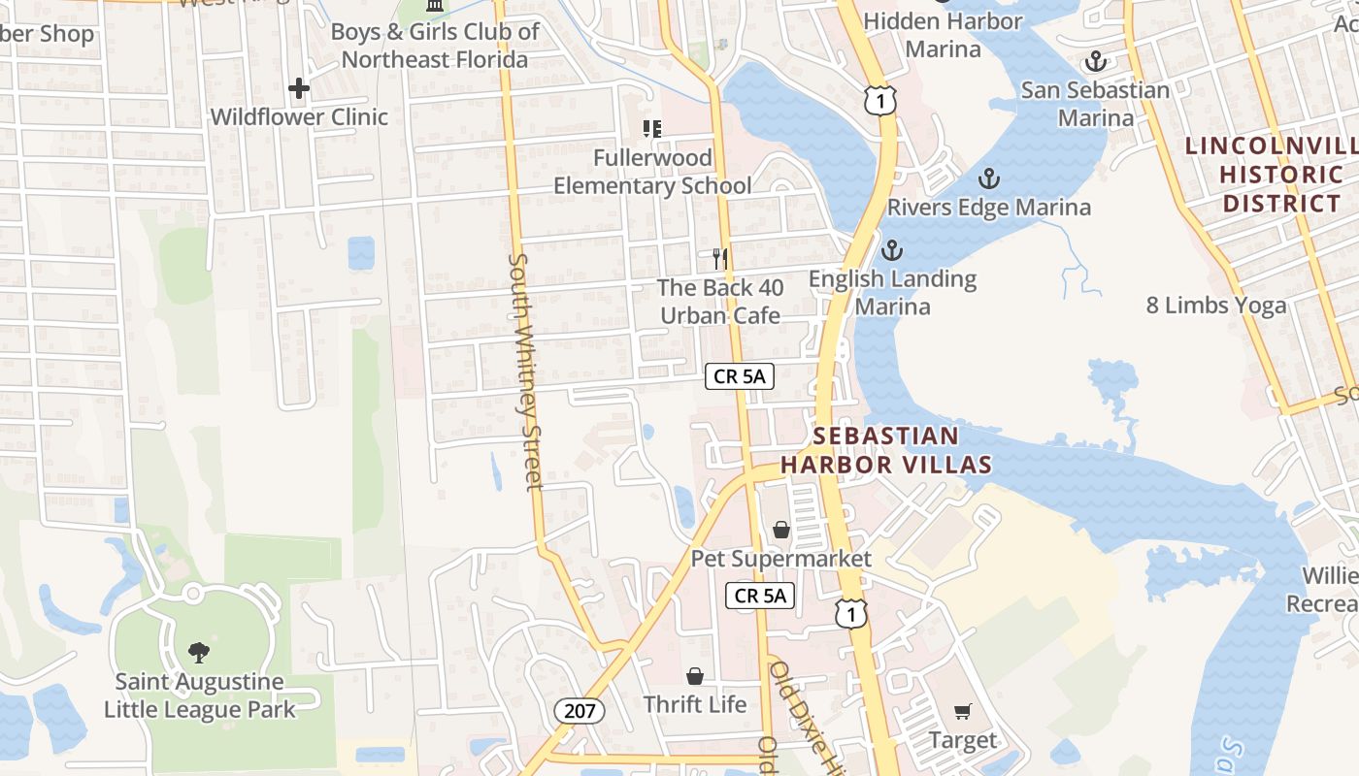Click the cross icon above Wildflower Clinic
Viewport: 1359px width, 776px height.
click(x=298, y=88)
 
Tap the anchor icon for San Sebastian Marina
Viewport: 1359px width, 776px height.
click(x=1095, y=62)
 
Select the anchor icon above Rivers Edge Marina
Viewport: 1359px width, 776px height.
click(x=988, y=179)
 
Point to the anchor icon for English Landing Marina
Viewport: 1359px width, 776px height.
click(x=891, y=251)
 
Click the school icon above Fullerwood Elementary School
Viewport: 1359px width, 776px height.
click(x=652, y=129)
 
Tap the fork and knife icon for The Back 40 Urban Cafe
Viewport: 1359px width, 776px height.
click(x=719, y=259)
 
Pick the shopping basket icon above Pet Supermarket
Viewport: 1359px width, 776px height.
click(x=781, y=530)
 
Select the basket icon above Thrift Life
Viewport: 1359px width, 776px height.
click(x=695, y=676)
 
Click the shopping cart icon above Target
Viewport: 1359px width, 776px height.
click(x=962, y=712)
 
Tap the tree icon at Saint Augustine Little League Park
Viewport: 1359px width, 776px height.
click(x=199, y=652)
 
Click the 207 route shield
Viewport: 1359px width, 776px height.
click(x=580, y=711)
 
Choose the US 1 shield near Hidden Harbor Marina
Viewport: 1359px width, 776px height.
click(x=879, y=99)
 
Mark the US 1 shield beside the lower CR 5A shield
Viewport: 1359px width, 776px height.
click(x=850, y=613)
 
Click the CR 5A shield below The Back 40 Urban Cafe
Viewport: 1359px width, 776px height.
click(x=740, y=376)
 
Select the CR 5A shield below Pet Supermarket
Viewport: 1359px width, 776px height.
click(x=760, y=596)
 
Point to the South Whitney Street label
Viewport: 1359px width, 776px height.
click(x=524, y=372)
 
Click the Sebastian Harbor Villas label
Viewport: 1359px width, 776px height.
click(x=885, y=450)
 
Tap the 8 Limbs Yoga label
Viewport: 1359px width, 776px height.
click(x=1215, y=306)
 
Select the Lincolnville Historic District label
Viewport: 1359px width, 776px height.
click(x=1272, y=175)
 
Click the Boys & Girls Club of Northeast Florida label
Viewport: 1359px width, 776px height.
click(x=435, y=46)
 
